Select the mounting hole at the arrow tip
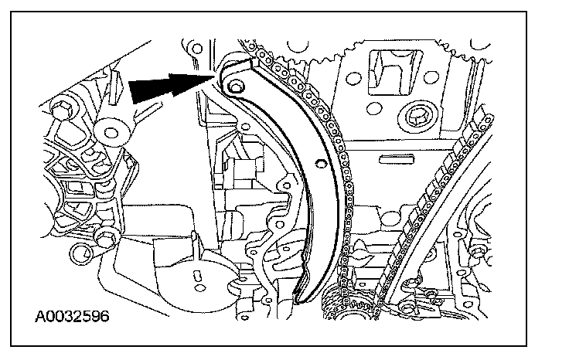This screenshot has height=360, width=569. point(236,83)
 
